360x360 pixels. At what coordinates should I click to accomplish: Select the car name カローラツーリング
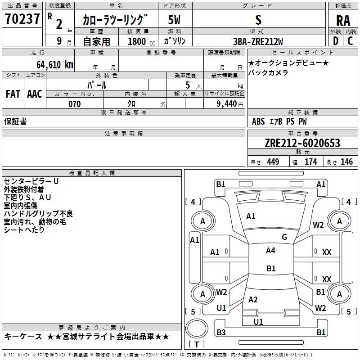(115, 20)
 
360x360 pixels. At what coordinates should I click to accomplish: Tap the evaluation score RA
(343, 20)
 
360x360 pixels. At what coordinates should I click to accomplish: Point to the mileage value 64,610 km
(52, 64)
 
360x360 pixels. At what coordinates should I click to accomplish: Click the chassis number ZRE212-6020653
(302, 143)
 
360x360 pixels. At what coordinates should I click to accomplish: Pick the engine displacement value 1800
(137, 41)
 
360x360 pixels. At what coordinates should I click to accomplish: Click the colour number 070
(74, 104)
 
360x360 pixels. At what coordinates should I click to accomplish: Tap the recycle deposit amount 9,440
(227, 104)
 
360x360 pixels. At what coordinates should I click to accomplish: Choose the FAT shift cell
(13, 94)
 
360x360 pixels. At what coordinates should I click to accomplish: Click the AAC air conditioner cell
(34, 94)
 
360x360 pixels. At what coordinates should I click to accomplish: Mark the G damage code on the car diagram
(284, 237)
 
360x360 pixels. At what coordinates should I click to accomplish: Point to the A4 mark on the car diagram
(270, 251)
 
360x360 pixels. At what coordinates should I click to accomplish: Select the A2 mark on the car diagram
(253, 300)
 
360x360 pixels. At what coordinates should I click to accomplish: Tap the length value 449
(273, 162)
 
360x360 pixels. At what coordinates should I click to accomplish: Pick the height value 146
(346, 162)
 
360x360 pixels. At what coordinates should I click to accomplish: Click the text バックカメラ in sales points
(268, 72)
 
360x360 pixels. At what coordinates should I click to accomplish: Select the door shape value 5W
(175, 20)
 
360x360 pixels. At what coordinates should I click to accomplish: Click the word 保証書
(15, 121)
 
